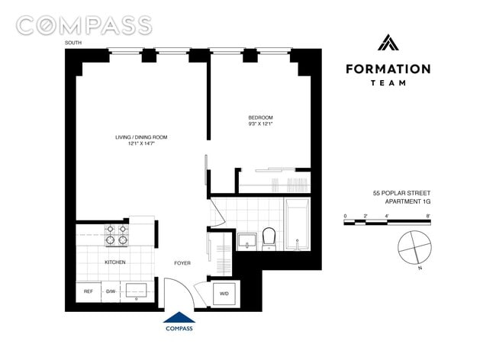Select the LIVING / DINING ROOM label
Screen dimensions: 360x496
point(141,137)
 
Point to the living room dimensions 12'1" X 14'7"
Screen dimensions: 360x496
point(141,144)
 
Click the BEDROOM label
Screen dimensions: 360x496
point(260,117)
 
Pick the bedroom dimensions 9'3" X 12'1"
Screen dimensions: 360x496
point(260,124)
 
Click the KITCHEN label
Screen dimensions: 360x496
point(114,262)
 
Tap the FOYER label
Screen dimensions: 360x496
point(182,263)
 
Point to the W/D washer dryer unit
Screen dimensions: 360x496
point(224,293)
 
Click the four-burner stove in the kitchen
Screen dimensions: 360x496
point(116,235)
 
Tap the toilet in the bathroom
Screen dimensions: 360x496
point(269,239)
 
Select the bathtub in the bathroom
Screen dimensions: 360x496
point(296,225)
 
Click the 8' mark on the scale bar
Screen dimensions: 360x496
point(429,217)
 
